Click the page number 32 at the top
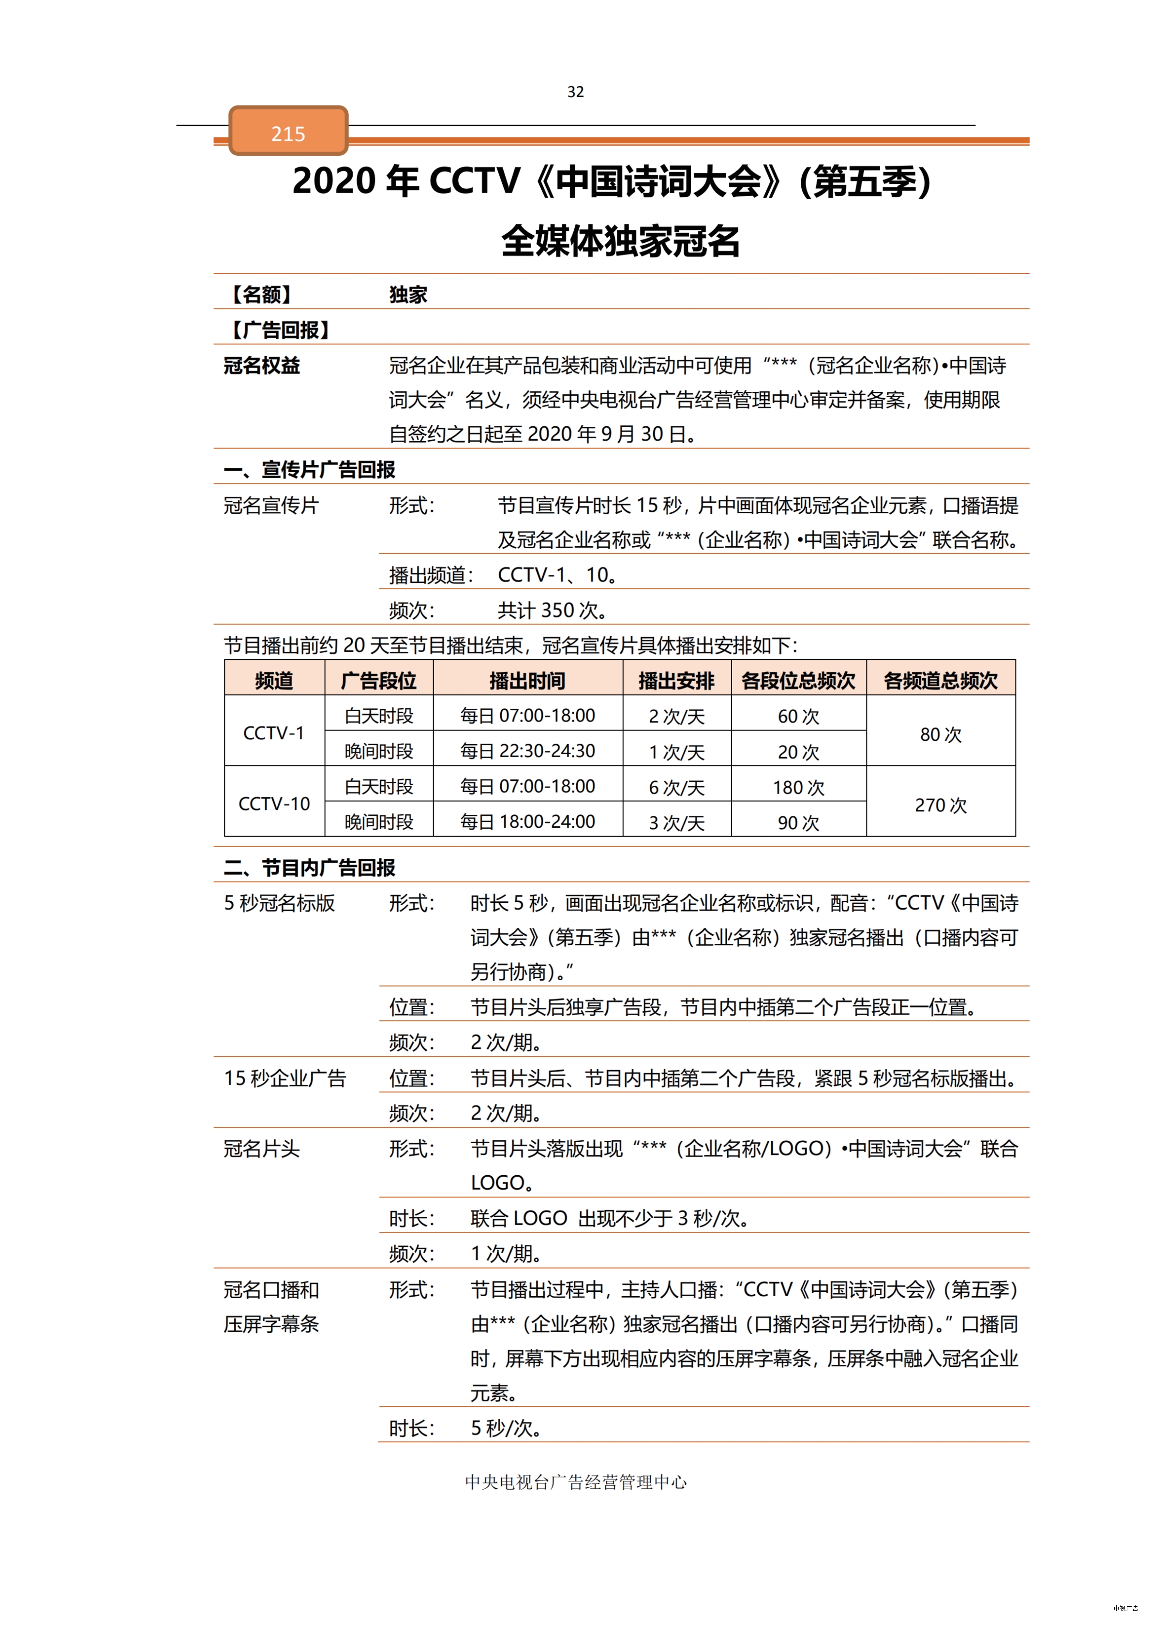[575, 91]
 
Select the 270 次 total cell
[940, 805]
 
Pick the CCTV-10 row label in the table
[274, 804]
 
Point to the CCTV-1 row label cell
[274, 733]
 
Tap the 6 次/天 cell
[677, 787]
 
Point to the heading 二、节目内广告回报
[309, 867]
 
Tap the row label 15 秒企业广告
[284, 1078]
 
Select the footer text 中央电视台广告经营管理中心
[575, 1481]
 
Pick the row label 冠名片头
[262, 1148]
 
